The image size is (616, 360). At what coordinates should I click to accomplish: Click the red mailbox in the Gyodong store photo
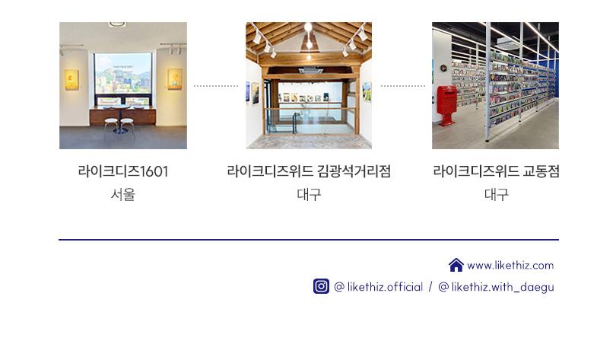[x=446, y=104]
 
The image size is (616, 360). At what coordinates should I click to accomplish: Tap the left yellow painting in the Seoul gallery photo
[x=71, y=80]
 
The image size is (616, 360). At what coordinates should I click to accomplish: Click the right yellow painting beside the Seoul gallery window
[x=174, y=78]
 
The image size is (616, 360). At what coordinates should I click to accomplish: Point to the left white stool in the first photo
[x=111, y=128]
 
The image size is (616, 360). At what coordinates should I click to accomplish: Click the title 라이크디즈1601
[x=122, y=171]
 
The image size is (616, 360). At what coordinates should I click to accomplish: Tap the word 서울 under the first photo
[x=122, y=194]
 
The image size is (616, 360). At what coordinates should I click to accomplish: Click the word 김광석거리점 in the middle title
[x=354, y=171]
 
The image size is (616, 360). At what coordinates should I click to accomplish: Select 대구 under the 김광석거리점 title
[x=309, y=194]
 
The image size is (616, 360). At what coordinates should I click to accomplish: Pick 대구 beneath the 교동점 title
[x=496, y=194]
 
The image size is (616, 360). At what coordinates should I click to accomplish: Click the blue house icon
[x=456, y=265]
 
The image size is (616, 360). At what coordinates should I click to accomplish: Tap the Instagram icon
[x=321, y=286]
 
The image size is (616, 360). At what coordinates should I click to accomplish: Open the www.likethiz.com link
[x=510, y=266]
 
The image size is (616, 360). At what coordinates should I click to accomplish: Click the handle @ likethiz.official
[x=378, y=287]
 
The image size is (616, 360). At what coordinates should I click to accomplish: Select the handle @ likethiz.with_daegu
[x=496, y=287]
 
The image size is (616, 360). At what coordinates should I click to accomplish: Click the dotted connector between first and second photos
[x=216, y=86]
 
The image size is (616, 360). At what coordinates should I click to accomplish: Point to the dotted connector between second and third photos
[x=402, y=86]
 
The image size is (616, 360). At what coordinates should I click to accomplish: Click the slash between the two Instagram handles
[x=430, y=287]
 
